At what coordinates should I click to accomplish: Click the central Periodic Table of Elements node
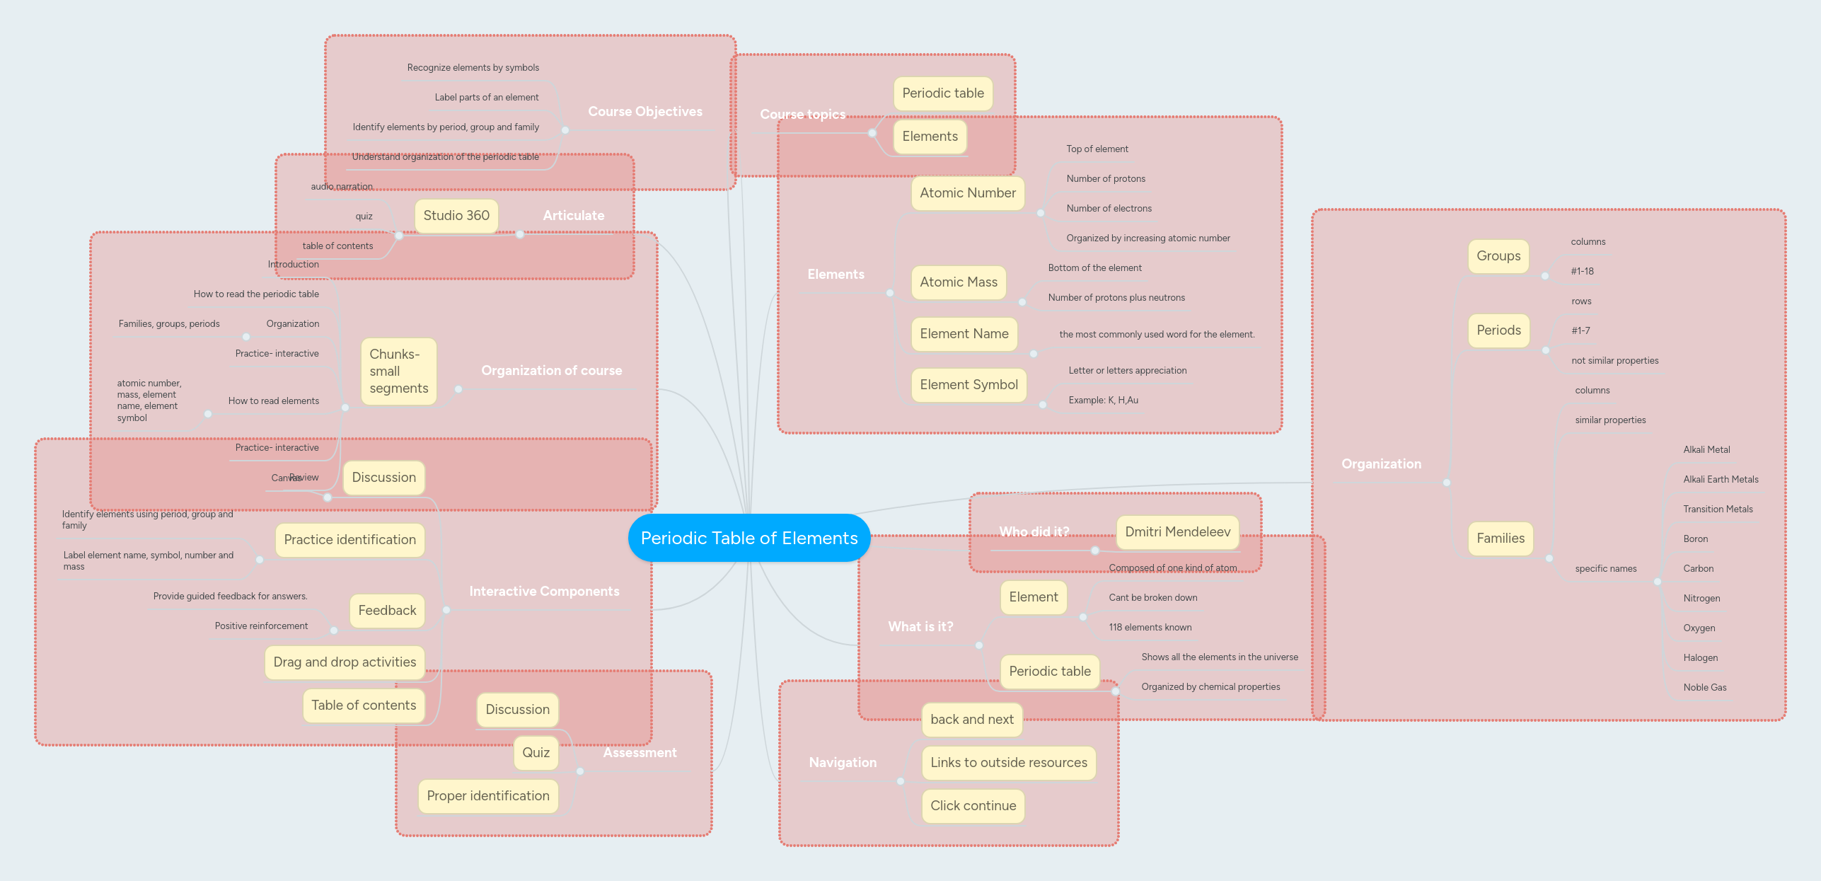(748, 539)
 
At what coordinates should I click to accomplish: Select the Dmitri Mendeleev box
(1177, 532)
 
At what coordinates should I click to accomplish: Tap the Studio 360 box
(456, 216)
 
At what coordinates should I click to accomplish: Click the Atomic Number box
(967, 193)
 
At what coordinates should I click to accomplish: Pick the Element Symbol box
(969, 385)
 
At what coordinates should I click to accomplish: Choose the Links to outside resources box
(1008, 763)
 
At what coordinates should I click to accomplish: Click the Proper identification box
(487, 796)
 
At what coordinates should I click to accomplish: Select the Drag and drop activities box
(345, 662)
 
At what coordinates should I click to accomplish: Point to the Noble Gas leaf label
(1704, 688)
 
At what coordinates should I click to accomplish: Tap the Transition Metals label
(1718, 509)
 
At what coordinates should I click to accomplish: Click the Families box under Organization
(1500, 539)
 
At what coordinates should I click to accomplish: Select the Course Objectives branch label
(644, 112)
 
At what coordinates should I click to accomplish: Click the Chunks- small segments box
(398, 372)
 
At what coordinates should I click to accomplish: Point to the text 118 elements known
(1150, 628)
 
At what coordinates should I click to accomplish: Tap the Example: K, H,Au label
(1103, 401)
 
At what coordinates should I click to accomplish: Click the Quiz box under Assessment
(536, 753)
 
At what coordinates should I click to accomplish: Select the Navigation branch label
(842, 763)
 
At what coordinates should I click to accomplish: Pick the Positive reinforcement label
(261, 626)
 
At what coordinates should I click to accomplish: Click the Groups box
(1498, 256)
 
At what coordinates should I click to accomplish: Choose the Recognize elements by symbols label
(473, 68)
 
